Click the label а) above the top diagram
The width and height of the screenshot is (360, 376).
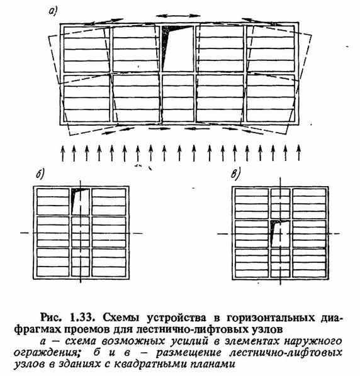click(53, 11)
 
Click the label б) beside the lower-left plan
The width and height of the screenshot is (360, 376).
click(40, 174)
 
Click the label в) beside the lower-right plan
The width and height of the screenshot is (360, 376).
click(235, 174)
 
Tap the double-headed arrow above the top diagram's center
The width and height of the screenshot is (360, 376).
click(178, 16)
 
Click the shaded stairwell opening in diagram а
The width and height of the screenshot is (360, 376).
click(177, 48)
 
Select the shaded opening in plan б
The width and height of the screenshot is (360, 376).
click(80, 201)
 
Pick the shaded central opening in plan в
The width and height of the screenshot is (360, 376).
click(280, 234)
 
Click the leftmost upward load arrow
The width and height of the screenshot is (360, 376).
click(63, 153)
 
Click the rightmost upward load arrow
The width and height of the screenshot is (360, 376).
click(298, 153)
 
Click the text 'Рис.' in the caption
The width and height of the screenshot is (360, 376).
click(50, 318)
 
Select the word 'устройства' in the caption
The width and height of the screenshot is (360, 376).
click(177, 318)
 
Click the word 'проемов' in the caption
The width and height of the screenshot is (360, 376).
click(88, 329)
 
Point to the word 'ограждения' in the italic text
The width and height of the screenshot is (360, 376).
click(46, 353)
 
